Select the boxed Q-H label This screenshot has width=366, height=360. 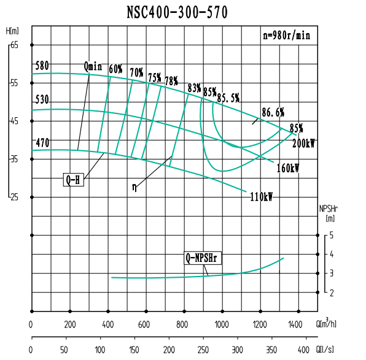[73, 180]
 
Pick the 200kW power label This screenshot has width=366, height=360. [303, 144]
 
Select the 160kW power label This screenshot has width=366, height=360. [287, 168]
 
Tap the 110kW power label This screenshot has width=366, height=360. [261, 197]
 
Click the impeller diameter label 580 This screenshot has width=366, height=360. [42, 66]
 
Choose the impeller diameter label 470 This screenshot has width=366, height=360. [42, 143]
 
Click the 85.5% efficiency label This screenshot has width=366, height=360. [228, 98]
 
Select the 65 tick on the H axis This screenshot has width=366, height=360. [15, 45]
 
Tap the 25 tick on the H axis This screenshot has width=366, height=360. [15, 197]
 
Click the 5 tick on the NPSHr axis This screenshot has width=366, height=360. [331, 235]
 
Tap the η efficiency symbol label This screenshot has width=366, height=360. [134, 186]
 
